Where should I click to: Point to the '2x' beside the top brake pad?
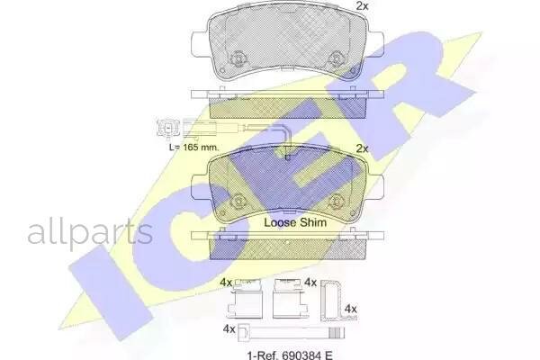point(363,6)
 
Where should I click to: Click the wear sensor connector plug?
point(167,126)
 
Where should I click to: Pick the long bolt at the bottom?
point(270,329)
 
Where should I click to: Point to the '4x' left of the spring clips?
point(226,283)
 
